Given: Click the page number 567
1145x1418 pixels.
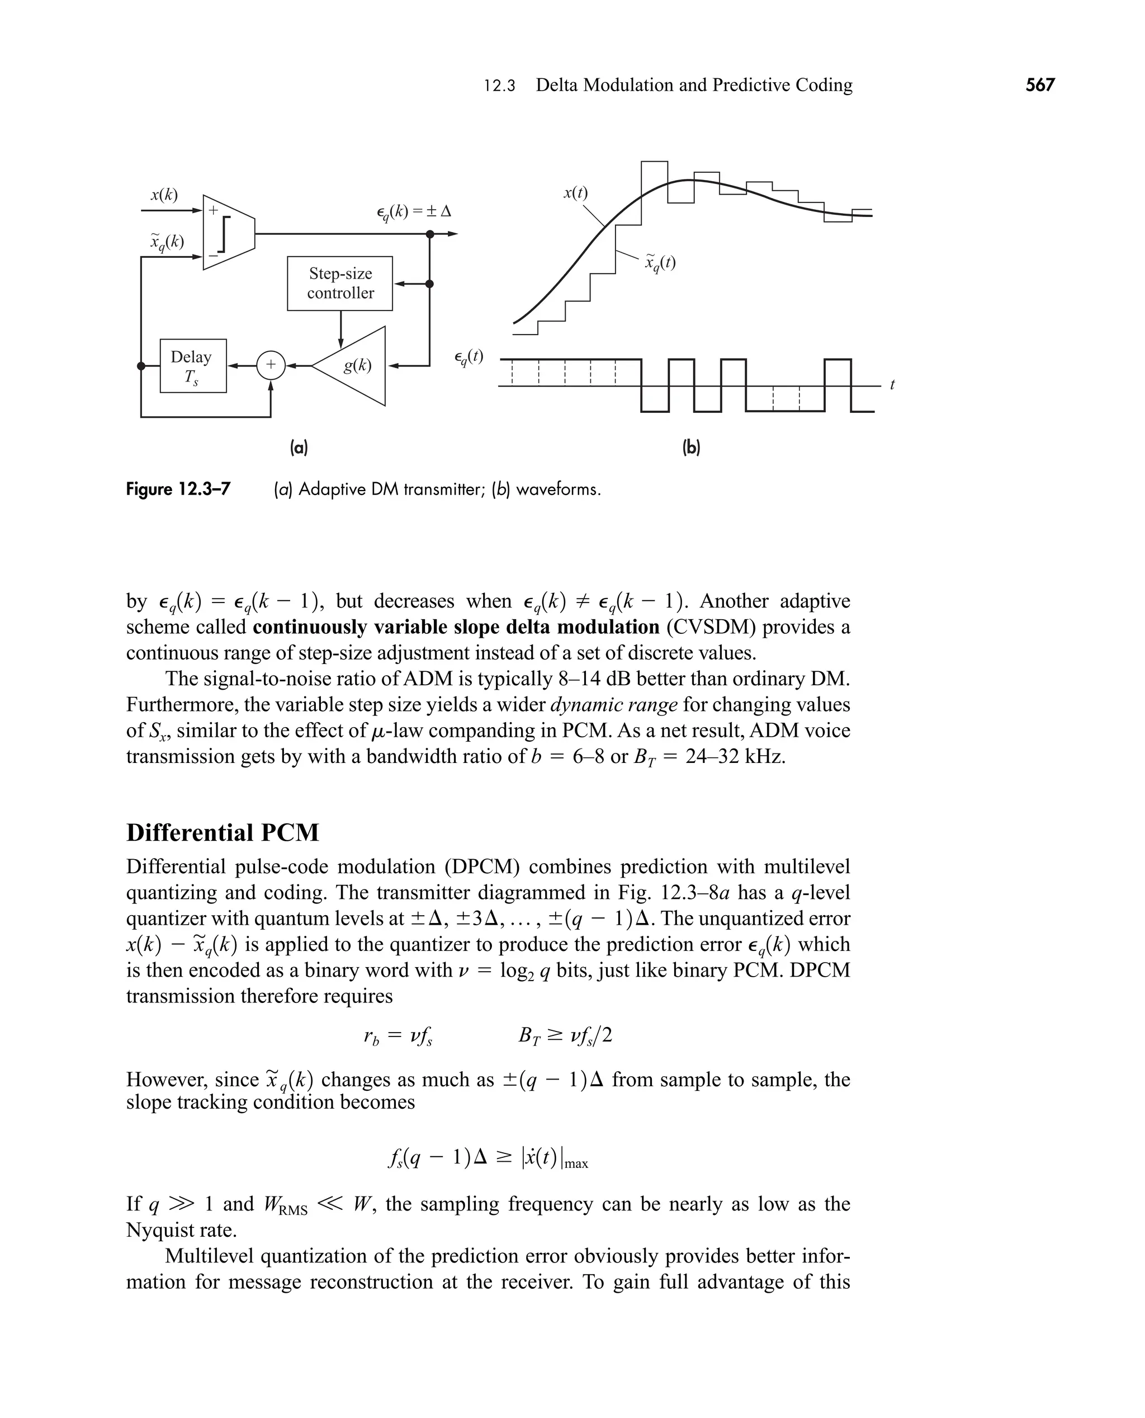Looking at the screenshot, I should tap(1040, 85).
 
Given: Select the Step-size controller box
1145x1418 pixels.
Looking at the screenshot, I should tap(340, 283).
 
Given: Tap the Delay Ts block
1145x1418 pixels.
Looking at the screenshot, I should tap(192, 366).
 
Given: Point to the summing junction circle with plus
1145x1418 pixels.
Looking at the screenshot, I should tap(271, 365).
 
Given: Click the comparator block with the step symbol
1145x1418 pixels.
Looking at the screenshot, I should tap(228, 232).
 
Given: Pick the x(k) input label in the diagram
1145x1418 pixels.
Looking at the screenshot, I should tap(164, 195).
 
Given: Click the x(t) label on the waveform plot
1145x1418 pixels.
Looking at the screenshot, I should tap(575, 192).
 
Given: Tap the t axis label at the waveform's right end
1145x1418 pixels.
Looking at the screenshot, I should tap(892, 385).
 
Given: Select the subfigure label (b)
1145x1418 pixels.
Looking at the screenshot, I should tap(690, 448).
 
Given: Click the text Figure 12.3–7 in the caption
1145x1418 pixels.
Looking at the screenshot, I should tap(178, 489).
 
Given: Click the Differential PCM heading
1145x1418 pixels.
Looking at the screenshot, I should tap(223, 833).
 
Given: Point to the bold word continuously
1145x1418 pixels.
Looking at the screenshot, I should tap(310, 627).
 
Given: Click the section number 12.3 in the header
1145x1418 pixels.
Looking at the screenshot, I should tap(499, 86).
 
